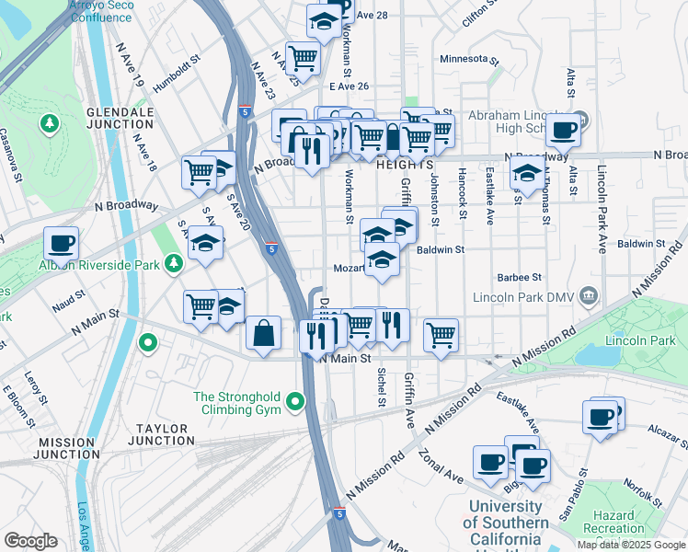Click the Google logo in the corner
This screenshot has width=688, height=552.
(x=30, y=541)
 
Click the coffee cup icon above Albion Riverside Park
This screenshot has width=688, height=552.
(x=61, y=244)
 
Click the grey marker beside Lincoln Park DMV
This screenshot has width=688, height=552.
(x=590, y=296)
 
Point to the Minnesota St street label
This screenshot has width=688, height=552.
(x=469, y=59)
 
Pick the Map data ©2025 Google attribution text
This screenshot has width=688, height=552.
(x=631, y=544)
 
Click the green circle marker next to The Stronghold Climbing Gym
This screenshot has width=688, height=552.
(x=294, y=401)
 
